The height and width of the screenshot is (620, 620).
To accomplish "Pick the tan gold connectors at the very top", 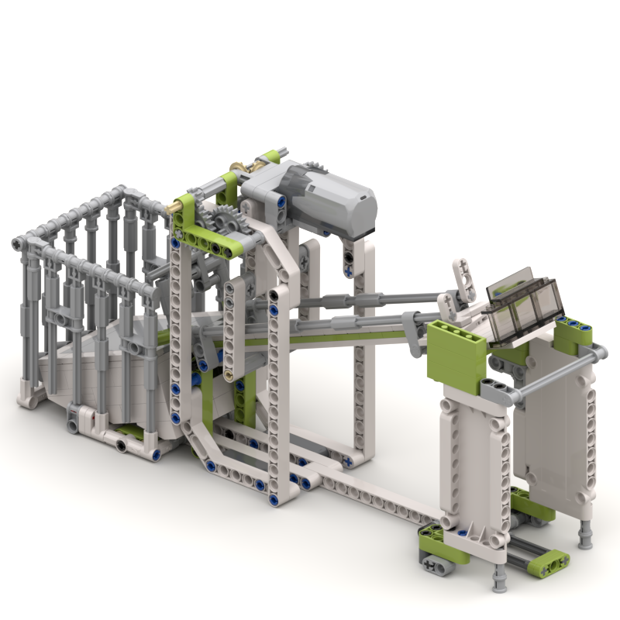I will click(246, 165).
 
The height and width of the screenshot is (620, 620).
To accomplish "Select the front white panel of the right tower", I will click(473, 457).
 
